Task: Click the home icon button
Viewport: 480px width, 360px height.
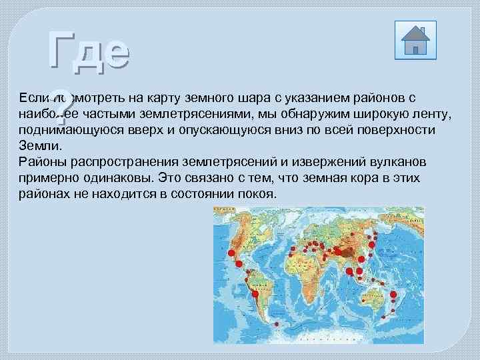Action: point(415,40)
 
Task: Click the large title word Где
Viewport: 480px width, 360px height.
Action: point(89,51)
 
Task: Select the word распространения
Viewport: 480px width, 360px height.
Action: point(112,162)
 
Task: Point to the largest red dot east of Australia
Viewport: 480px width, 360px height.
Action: point(393,295)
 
